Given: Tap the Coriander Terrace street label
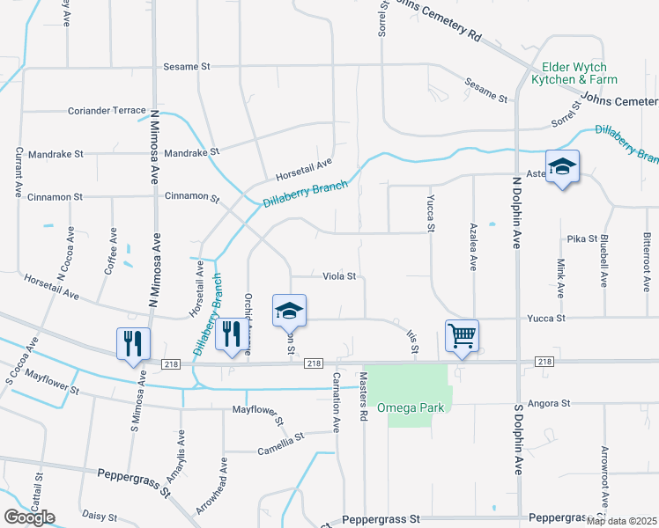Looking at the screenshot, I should point(107,111).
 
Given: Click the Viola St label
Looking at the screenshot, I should point(338,276).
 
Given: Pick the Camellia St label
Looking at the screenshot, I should point(280,436).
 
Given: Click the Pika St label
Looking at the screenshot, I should point(582,238).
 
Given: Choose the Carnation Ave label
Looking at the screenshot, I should point(336,400).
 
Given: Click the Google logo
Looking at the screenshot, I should point(29,517).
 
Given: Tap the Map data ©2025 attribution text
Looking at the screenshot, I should point(620,521).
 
